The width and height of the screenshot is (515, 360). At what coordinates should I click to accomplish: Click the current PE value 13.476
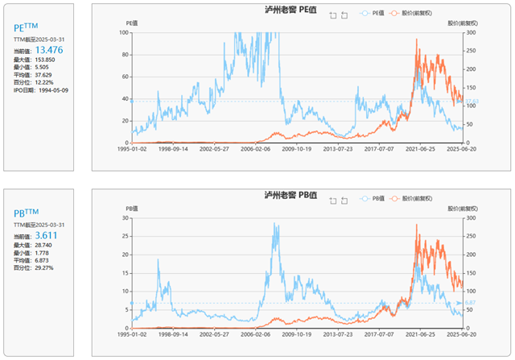coord(49,49)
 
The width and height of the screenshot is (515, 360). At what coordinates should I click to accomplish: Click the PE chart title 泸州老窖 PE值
coord(291,10)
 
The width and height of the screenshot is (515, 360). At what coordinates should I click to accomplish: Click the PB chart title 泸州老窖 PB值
coord(291,196)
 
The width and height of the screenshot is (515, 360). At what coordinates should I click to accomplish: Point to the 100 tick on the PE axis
coord(123,33)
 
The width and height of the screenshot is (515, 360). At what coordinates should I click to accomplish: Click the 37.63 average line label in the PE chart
coord(472,101)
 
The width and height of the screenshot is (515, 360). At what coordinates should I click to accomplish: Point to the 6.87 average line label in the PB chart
coord(471,303)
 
